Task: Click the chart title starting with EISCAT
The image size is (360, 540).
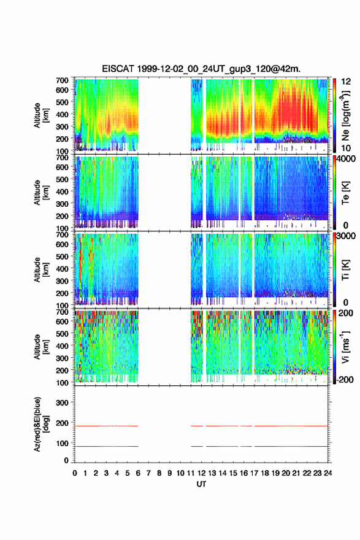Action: tap(201, 69)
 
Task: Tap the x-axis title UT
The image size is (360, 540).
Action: tap(201, 484)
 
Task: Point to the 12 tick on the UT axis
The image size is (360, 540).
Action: tap(201, 473)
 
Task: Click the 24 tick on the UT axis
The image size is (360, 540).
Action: tap(328, 473)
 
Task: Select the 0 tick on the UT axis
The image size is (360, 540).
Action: tap(75, 473)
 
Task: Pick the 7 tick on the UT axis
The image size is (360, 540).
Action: tap(148, 473)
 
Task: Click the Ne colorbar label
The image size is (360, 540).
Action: tap(345, 116)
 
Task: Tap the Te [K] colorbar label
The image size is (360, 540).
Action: tap(345, 193)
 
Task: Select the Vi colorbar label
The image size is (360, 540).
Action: tap(345, 347)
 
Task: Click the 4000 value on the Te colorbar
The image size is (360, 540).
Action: tap(347, 159)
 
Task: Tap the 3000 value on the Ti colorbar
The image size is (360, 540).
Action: tap(347, 236)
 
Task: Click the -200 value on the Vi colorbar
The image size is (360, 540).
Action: tap(344, 379)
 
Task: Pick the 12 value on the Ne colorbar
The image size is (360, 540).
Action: tap(347, 82)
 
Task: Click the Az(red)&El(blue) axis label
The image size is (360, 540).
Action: tap(41, 424)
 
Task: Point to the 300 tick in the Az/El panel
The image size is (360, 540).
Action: tap(62, 403)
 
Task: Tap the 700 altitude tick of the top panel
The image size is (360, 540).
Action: tap(62, 80)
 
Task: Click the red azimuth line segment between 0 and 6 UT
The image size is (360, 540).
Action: tap(106, 426)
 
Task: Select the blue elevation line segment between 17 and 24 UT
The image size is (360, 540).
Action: tap(291, 446)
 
